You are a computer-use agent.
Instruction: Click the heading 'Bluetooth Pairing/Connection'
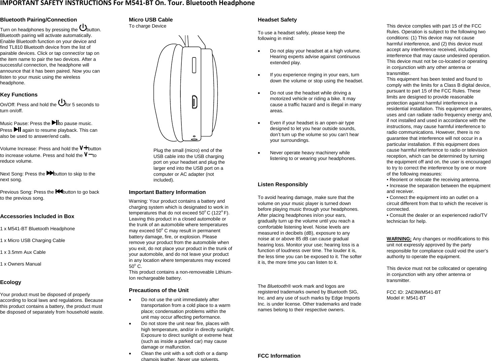point(38,20)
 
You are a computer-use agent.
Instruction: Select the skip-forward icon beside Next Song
point(50,173)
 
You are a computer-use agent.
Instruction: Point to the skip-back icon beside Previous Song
point(59,192)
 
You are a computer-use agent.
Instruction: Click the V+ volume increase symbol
point(83,148)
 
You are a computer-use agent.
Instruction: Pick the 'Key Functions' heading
point(19,95)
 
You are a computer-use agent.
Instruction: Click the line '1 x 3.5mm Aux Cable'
point(23,252)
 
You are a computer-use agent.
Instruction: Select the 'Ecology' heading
point(11,282)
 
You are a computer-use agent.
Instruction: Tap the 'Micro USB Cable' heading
point(151,20)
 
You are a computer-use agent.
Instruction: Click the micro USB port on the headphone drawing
point(194,102)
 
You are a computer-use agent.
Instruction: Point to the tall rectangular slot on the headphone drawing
point(194,65)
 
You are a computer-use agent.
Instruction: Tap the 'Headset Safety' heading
point(277,20)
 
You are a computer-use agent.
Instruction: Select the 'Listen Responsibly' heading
point(283,185)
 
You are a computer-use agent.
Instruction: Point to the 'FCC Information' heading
point(279,356)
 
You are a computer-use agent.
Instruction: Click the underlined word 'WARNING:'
point(399,239)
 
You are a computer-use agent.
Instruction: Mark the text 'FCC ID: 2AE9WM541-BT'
point(414,292)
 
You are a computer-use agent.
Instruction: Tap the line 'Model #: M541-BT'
point(406,298)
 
